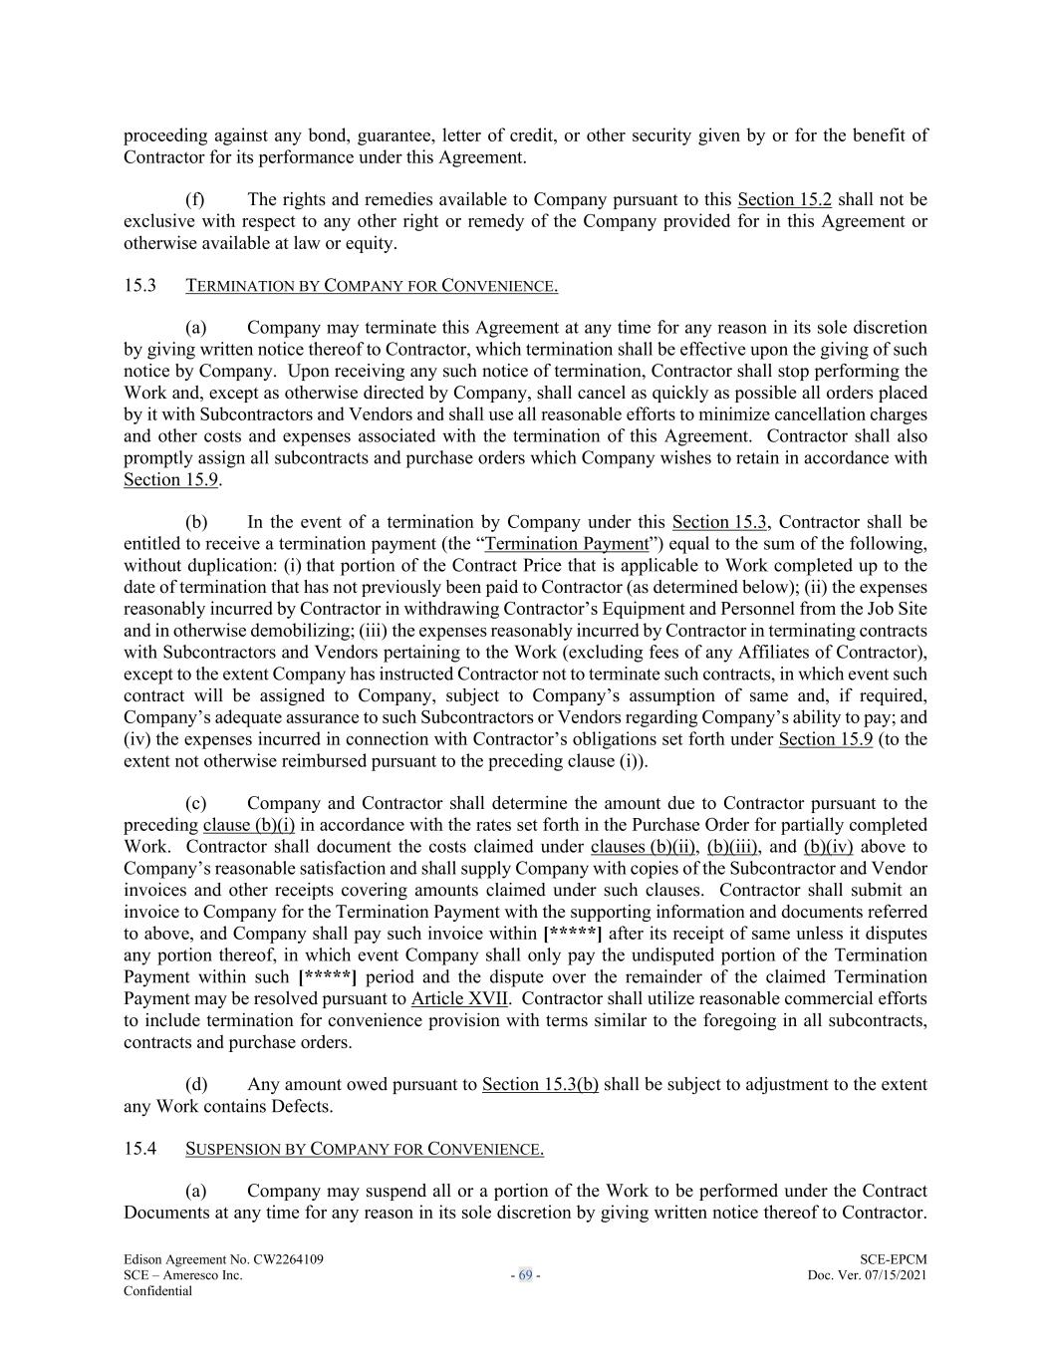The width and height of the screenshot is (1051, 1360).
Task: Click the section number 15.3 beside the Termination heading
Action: [x=139, y=287]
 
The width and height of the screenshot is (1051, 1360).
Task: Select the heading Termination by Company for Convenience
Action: [x=372, y=287]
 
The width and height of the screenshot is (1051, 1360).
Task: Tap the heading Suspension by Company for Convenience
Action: [x=365, y=1149]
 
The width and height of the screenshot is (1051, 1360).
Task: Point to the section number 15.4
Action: [x=139, y=1149]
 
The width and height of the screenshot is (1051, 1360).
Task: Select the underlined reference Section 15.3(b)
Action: [x=540, y=1084]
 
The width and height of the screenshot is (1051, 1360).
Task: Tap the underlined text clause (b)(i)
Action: [x=249, y=825]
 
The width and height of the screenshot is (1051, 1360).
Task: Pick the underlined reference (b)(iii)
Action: [x=733, y=847]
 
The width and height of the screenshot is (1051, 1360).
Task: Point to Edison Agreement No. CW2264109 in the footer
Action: [x=223, y=1260]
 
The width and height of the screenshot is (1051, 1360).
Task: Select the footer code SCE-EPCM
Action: [x=893, y=1260]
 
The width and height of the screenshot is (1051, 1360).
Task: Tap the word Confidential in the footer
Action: [x=157, y=1291]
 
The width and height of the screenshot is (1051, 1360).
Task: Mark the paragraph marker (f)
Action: [x=195, y=199]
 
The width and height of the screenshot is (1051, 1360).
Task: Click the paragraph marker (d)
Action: [x=196, y=1084]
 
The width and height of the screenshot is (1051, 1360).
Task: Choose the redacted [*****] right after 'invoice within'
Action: [x=573, y=934]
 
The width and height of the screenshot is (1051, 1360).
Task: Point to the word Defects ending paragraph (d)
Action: [x=300, y=1106]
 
